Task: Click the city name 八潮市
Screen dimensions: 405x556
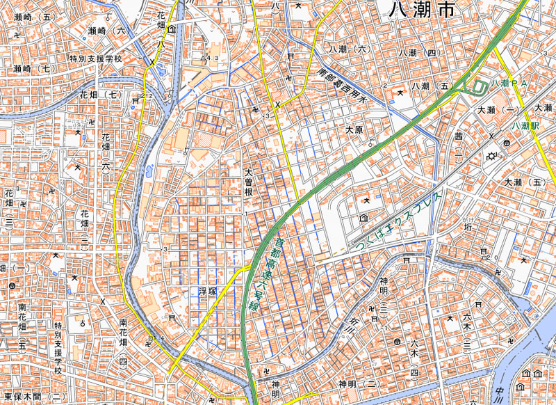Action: pyautogui.click(x=424, y=10)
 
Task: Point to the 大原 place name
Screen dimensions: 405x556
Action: pyautogui.click(x=354, y=130)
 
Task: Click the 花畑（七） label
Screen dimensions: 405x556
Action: pyautogui.click(x=100, y=95)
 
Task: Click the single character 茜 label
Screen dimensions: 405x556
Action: pyautogui.click(x=459, y=136)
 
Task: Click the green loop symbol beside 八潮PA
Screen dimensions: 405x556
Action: pyautogui.click(x=478, y=87)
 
